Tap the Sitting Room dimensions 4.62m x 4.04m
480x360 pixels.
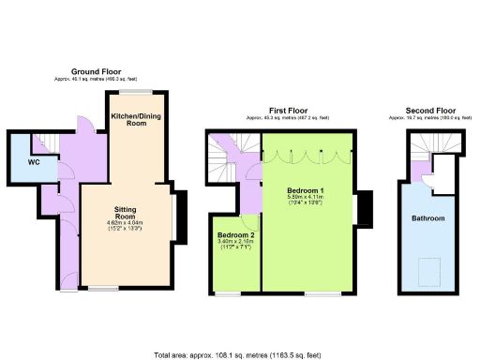tap(127, 224)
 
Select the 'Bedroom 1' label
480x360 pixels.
tap(306, 192)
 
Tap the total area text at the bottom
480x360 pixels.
tap(239, 354)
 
